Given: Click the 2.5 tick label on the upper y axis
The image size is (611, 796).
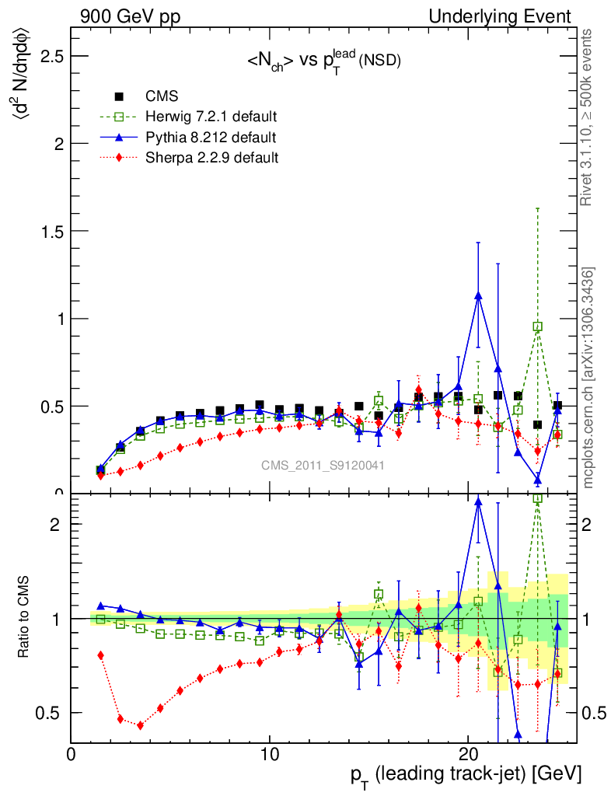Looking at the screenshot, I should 47,57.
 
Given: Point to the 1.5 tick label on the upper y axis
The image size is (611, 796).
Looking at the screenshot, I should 47,232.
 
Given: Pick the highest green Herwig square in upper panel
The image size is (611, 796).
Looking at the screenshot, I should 537,326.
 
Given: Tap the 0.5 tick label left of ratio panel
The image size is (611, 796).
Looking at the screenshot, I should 52,713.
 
